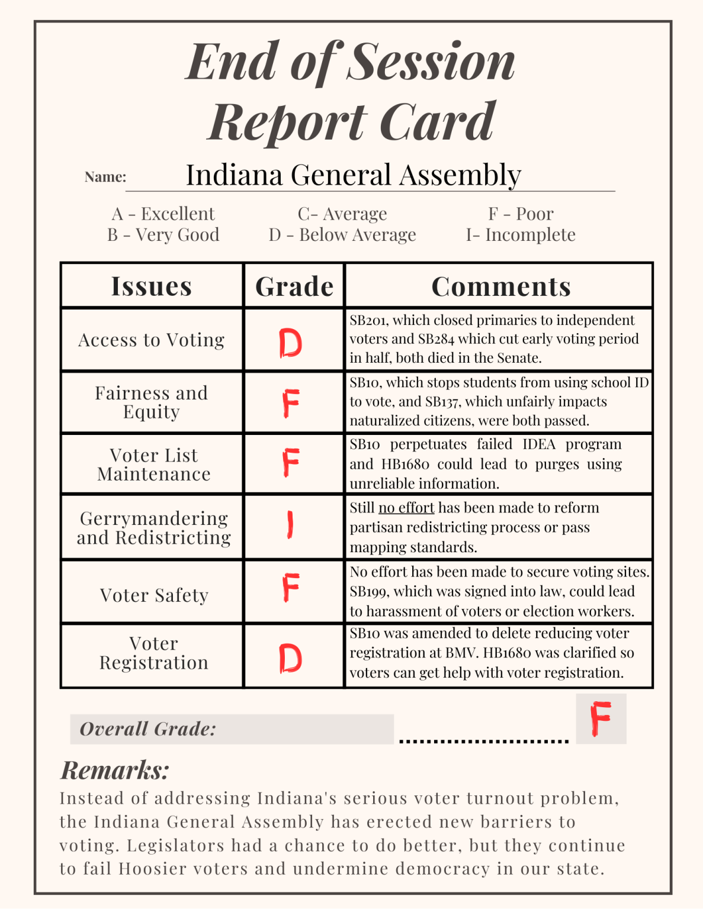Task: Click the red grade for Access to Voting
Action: pos(290,343)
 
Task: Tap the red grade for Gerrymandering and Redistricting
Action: pos(290,525)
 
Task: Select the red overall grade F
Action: pos(600,718)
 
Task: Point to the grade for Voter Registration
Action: pos(290,658)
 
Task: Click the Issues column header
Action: pos(152,286)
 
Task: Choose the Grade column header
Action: pos(294,286)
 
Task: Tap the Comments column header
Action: pos(501,286)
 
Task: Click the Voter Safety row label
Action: pos(154,595)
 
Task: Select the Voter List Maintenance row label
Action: pos(154,465)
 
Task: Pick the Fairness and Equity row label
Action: pos(152,402)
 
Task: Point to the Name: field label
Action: pos(105,177)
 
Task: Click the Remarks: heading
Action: pos(115,771)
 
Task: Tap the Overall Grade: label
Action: pos(148,729)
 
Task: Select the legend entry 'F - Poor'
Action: pos(521,214)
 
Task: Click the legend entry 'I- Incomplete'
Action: pos(521,235)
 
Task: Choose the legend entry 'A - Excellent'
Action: pos(163,214)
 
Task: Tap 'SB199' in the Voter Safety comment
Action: pos(368,592)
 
